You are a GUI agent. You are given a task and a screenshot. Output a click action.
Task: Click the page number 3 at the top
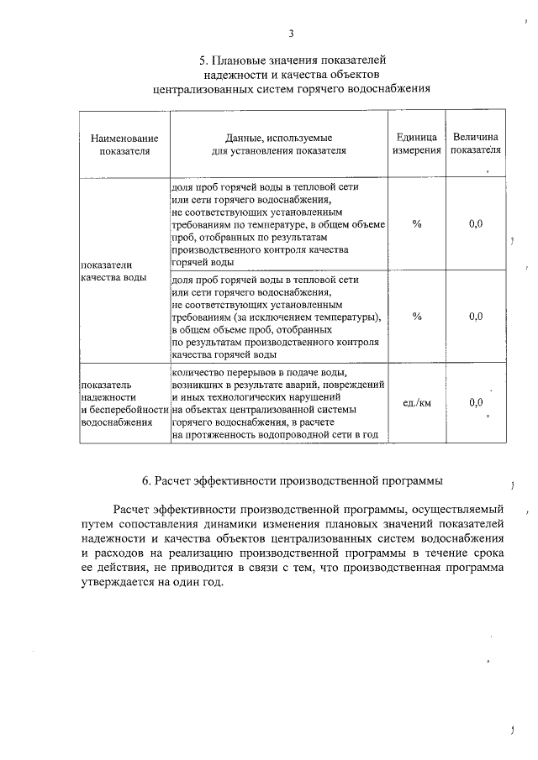(291, 34)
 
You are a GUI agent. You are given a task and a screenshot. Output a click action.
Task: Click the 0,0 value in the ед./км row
(476, 403)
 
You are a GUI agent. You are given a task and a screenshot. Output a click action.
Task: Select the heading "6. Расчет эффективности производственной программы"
(292, 480)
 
